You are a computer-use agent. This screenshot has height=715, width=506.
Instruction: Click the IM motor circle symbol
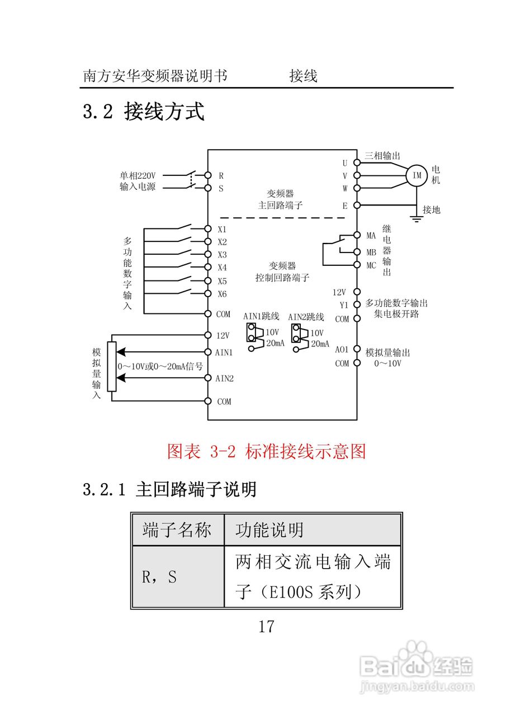click(x=417, y=175)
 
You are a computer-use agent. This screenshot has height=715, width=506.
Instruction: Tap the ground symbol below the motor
click(x=417, y=218)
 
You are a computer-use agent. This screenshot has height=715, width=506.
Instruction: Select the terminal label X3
click(x=222, y=255)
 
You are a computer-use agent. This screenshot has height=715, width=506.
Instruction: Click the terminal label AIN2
click(x=225, y=378)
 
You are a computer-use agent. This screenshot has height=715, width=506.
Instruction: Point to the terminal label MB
click(x=371, y=252)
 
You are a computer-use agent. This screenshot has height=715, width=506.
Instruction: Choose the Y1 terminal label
click(x=344, y=305)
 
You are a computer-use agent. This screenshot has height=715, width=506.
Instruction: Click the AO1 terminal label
click(x=342, y=350)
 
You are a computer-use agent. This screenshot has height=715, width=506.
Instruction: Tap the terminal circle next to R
click(x=207, y=175)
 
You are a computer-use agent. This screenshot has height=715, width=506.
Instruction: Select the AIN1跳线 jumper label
click(x=261, y=317)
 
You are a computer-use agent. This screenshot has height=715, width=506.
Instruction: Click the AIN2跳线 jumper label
click(x=306, y=317)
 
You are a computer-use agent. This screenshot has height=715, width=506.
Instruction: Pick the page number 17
click(x=266, y=626)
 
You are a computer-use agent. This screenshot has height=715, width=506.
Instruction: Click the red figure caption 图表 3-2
click(x=266, y=451)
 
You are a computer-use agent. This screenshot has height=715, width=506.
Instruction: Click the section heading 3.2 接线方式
click(x=144, y=111)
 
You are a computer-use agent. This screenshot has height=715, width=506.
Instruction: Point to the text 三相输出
click(x=382, y=156)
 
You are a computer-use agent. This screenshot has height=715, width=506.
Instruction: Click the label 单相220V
click(x=138, y=175)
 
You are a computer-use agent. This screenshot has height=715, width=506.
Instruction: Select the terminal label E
click(x=345, y=206)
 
